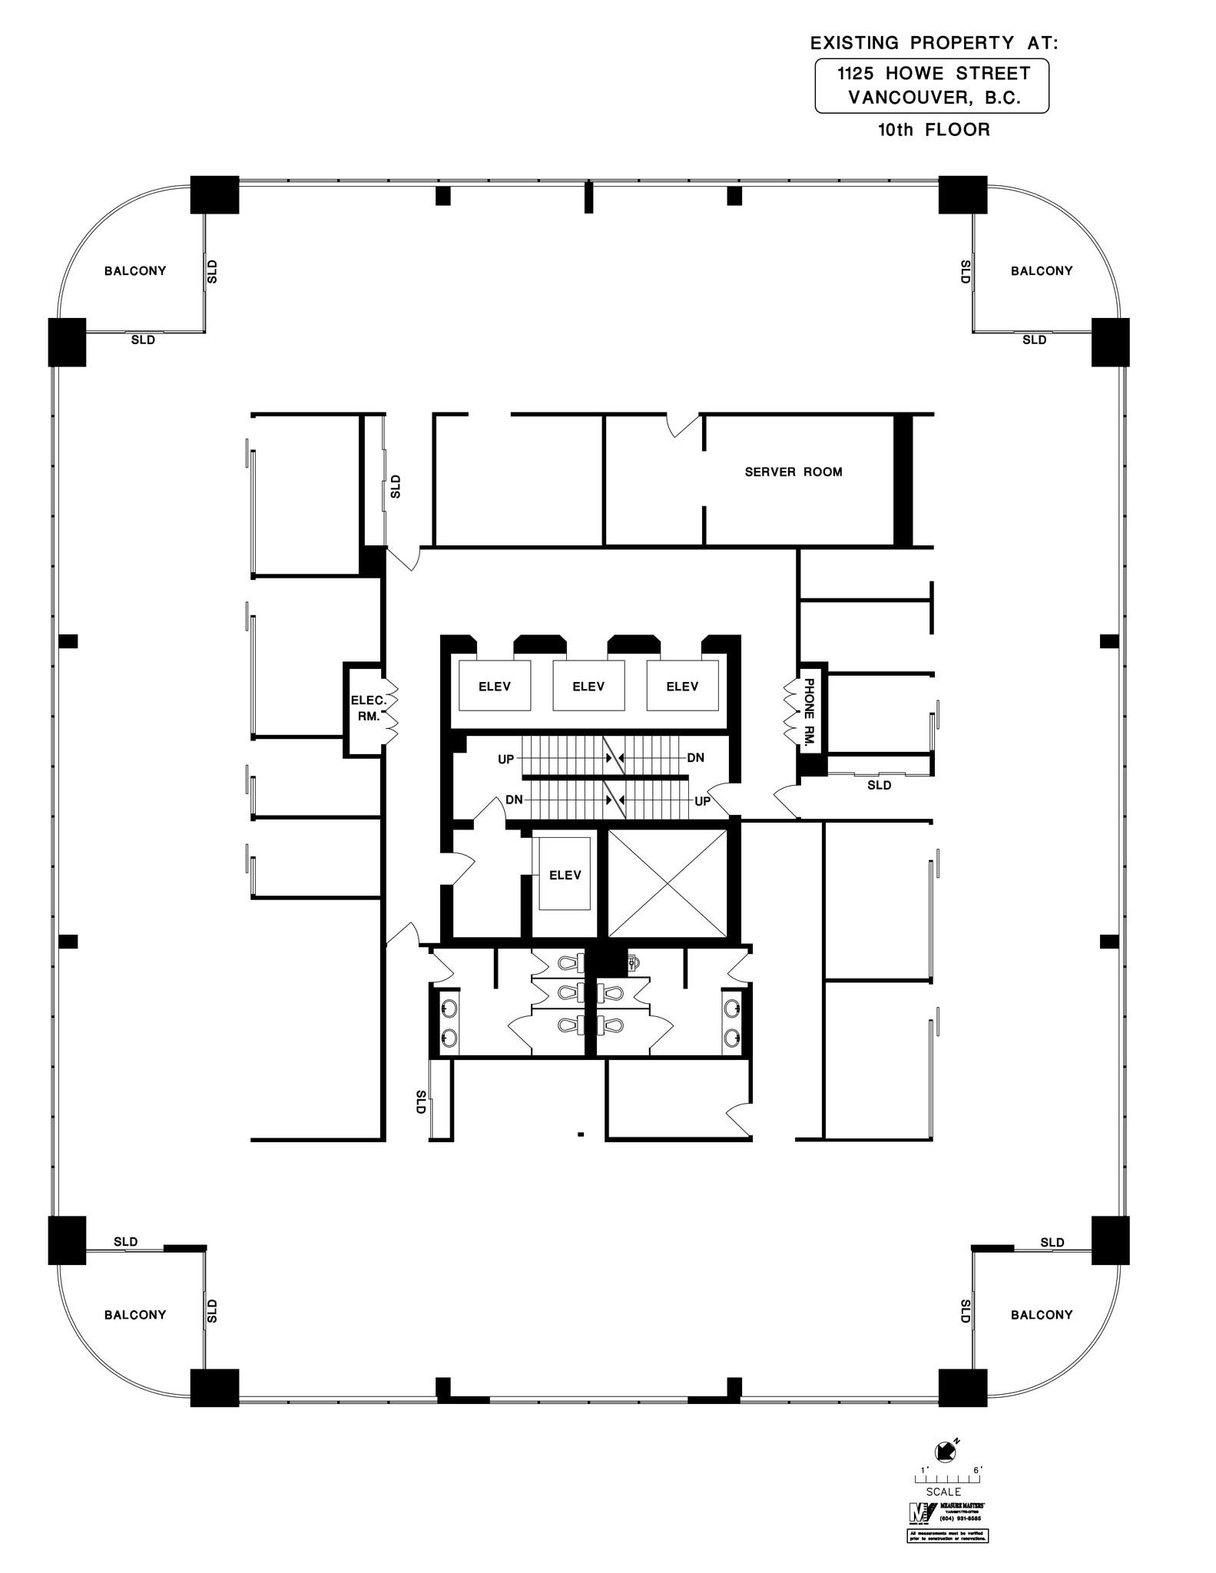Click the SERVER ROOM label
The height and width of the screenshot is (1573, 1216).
[793, 472]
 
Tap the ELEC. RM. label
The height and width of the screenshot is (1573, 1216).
[368, 708]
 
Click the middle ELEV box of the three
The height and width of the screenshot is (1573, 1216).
[588, 686]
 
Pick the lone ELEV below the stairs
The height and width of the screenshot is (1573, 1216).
[565, 875]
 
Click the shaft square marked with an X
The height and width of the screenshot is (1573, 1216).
[667, 884]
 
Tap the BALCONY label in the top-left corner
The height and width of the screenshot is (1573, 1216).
[135, 270]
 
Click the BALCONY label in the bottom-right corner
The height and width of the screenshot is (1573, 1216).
[1041, 1315]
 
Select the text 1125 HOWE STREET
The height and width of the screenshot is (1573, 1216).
[933, 74]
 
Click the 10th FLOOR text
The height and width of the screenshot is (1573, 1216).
[933, 130]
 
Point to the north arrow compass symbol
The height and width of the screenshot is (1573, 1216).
[944, 1452]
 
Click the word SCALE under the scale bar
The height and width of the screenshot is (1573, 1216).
[943, 1492]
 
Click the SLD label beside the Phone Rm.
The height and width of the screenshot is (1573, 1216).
[879, 785]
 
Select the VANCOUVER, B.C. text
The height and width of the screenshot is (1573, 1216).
[933, 98]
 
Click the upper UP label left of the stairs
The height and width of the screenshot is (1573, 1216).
[505, 759]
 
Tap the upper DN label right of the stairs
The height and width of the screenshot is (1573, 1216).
[695, 757]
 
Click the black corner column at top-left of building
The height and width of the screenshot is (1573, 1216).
[214, 194]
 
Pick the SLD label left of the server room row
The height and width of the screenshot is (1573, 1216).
[396, 486]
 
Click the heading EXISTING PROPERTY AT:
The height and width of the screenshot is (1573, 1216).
[933, 44]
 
